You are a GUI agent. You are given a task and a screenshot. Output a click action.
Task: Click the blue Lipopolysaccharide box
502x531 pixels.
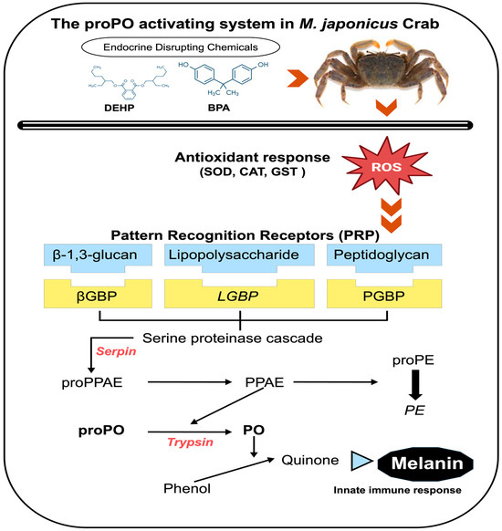pyautogui.click(x=241, y=255)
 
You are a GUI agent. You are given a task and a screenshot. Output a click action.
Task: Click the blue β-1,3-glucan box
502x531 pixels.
pyautogui.click(x=93, y=255)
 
